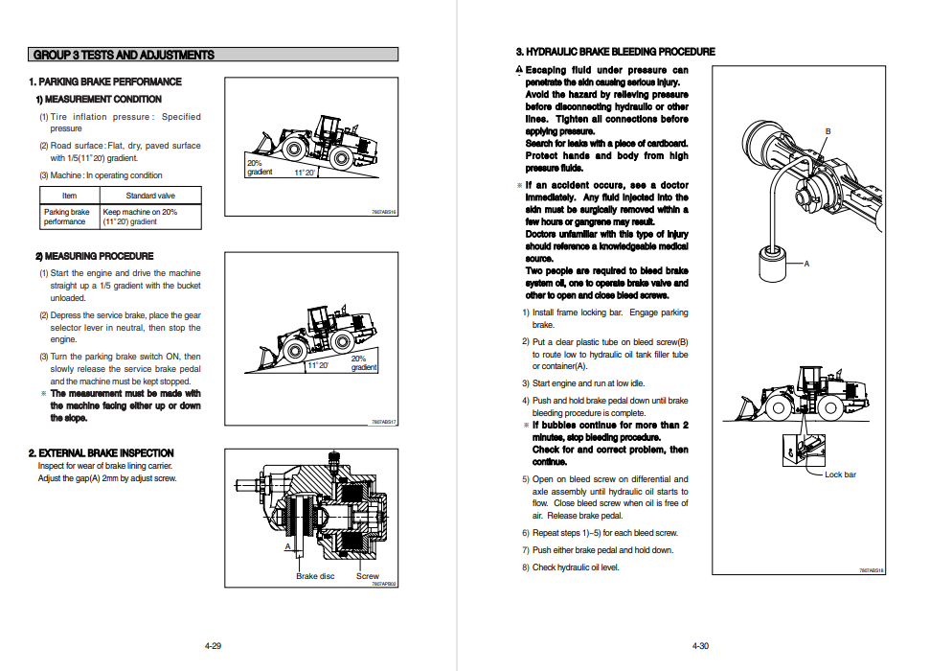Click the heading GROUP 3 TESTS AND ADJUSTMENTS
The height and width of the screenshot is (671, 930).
click(x=124, y=55)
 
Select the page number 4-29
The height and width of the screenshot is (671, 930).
click(x=213, y=646)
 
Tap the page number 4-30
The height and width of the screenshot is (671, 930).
click(x=700, y=646)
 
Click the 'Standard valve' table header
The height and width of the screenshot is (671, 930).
click(x=150, y=196)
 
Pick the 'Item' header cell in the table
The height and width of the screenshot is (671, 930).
click(x=69, y=196)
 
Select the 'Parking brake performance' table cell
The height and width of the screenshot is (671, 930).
click(x=66, y=217)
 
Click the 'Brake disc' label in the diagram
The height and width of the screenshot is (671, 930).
click(x=314, y=576)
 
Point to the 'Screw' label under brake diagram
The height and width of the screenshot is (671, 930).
click(x=368, y=576)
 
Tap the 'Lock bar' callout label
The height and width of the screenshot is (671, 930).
click(x=840, y=474)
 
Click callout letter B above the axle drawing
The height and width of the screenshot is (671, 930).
click(x=828, y=131)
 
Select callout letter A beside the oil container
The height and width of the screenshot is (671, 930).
click(x=806, y=264)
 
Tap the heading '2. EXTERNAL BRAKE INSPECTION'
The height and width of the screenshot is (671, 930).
click(x=102, y=452)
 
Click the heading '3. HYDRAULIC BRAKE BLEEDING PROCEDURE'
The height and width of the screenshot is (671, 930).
click(x=615, y=52)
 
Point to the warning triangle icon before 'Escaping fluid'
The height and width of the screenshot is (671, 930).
click(x=519, y=70)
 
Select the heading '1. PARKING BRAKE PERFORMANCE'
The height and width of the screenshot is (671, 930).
click(x=105, y=81)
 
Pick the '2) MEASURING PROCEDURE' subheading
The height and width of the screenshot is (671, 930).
click(x=94, y=256)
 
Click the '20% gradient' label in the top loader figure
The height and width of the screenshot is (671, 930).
click(x=260, y=168)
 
